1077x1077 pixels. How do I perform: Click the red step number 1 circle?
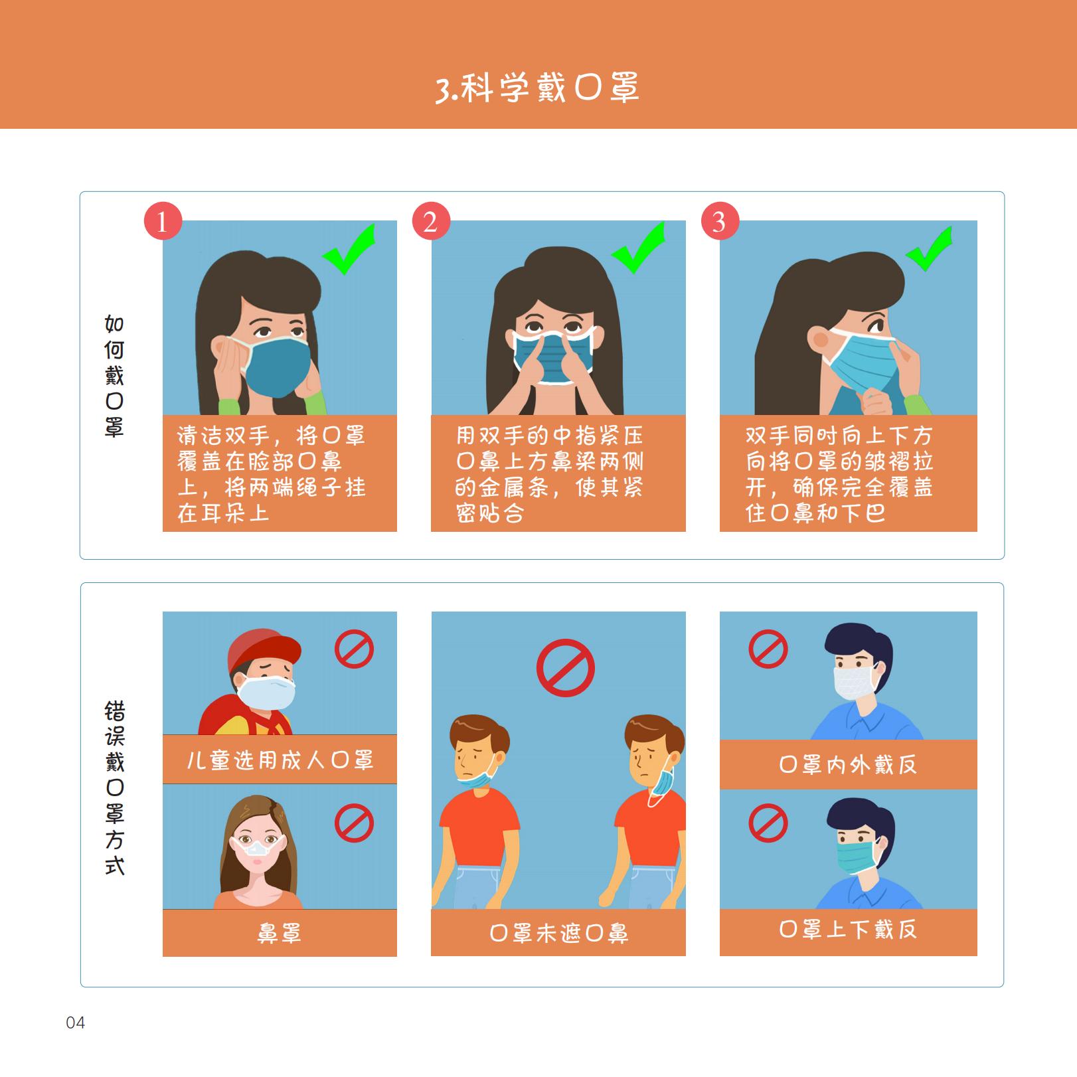click(163, 221)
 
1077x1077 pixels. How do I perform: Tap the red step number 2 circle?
click(431, 221)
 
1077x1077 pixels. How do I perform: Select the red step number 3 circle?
click(720, 221)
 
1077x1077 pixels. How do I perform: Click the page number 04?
click(76, 1023)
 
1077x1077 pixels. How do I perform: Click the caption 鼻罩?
click(280, 933)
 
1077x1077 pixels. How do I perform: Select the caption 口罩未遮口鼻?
click(558, 933)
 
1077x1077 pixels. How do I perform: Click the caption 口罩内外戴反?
click(848, 764)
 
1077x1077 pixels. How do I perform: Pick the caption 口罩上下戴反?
click(848, 928)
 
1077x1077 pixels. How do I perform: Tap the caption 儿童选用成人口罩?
click(280, 760)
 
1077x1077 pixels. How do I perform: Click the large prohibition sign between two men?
click(565, 667)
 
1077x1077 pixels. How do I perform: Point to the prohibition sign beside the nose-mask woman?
click(354, 823)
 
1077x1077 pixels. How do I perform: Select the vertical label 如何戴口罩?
click(114, 376)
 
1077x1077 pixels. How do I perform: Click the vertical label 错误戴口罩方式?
click(114, 787)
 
